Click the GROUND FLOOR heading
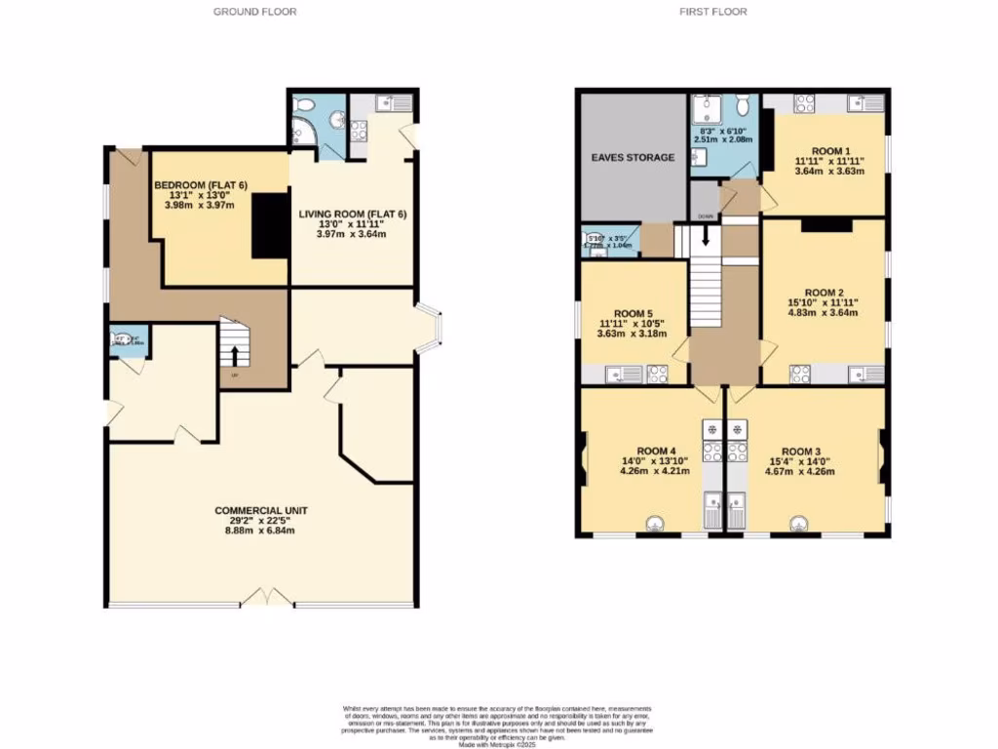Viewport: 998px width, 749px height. [254, 12]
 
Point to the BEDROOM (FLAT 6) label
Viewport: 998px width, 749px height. [199, 182]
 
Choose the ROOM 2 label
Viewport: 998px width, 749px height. [824, 292]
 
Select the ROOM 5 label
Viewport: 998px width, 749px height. [632, 313]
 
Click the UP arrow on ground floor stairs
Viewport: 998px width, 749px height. [234, 356]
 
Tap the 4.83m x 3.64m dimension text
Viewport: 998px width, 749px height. [824, 313]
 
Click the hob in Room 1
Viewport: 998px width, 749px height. [806, 102]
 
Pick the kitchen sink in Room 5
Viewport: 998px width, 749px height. [621, 373]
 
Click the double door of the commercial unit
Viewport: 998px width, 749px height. [266, 597]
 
